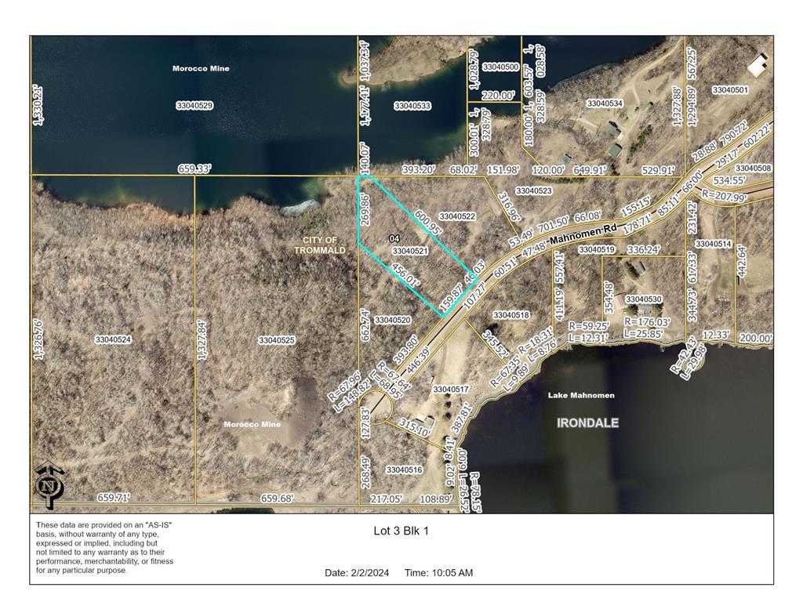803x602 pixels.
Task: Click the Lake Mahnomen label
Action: [581, 395]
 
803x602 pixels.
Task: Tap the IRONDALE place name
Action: [587, 422]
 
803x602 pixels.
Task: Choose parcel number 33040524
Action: [113, 339]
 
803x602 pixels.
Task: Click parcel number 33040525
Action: [276, 340]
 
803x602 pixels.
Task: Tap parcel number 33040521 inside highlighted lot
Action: [409, 251]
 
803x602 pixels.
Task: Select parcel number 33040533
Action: [412, 105]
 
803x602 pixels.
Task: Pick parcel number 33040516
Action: [404, 470]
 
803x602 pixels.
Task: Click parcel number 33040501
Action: [730, 90]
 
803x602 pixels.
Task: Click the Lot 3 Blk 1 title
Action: [401, 531]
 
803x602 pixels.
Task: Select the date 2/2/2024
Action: [374, 573]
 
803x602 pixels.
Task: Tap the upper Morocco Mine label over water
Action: [201, 68]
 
